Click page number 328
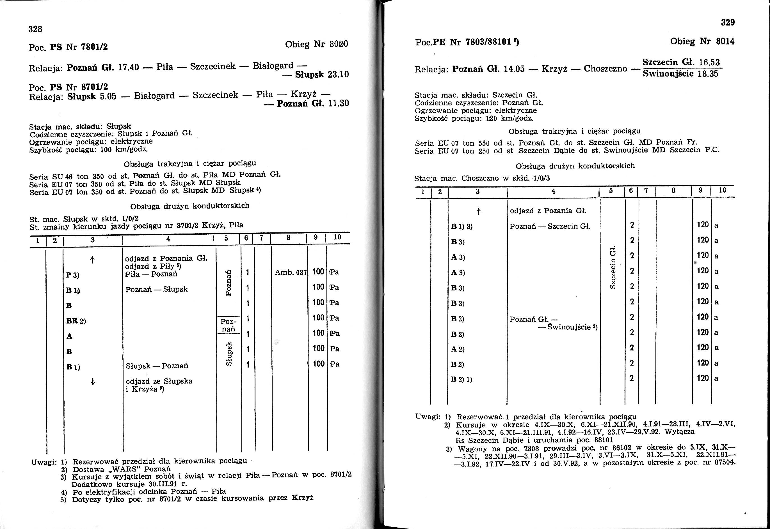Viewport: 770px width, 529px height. pyautogui.click(x=35, y=29)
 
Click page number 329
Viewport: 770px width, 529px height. pyautogui.click(x=728, y=22)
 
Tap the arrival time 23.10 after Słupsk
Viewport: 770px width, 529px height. pyautogui.click(x=338, y=74)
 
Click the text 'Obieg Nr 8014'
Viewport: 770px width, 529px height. pyautogui.click(x=702, y=41)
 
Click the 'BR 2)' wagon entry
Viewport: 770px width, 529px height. pyautogui.click(x=76, y=321)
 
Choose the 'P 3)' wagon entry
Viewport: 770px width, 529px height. pyautogui.click(x=73, y=275)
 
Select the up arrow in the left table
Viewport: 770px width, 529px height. pyautogui.click(x=92, y=260)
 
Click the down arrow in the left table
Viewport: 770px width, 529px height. pyautogui.click(x=93, y=382)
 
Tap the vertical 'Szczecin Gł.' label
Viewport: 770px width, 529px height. pyautogui.click(x=613, y=267)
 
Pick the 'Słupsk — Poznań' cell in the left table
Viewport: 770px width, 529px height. pyautogui.click(x=157, y=366)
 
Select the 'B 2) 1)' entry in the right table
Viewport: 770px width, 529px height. pyautogui.click(x=461, y=380)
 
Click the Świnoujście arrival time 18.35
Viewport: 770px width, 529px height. pyautogui.click(x=708, y=73)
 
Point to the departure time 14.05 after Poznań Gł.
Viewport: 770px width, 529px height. pyautogui.click(x=514, y=69)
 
